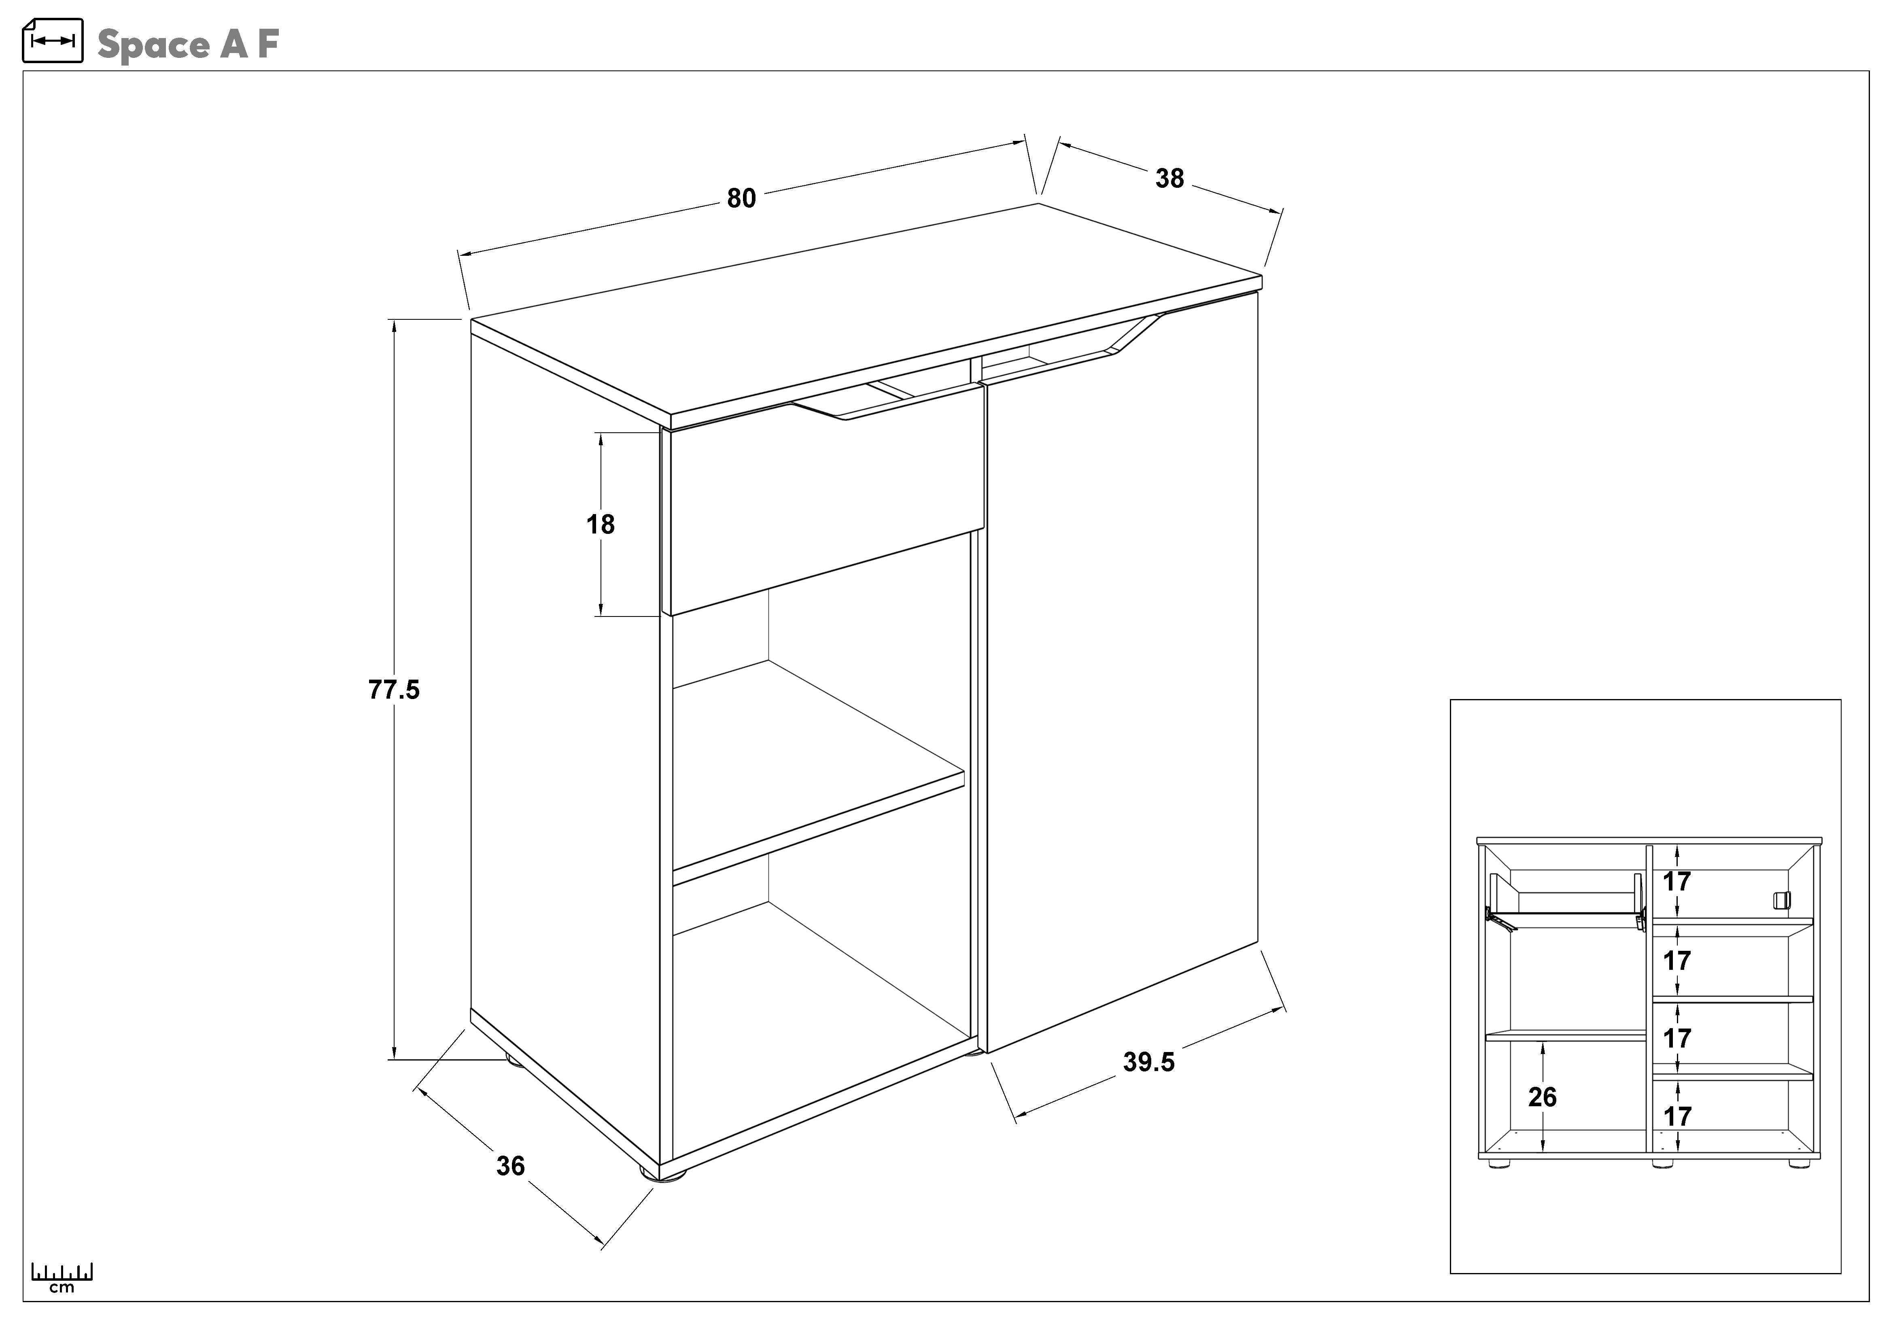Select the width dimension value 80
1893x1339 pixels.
(x=741, y=199)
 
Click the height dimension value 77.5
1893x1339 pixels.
(x=393, y=689)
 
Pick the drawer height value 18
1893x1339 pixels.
(x=600, y=524)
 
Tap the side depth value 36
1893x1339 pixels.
(x=510, y=1166)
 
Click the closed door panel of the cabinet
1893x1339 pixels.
(x=1121, y=660)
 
